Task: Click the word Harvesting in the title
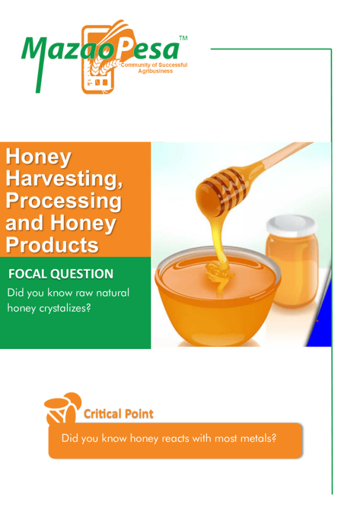(x=64, y=178)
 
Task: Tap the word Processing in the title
(x=64, y=201)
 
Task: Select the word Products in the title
(x=52, y=245)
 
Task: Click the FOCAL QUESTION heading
(x=61, y=274)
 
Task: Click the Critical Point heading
(x=119, y=414)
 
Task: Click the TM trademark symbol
(x=183, y=38)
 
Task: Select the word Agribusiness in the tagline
(x=155, y=71)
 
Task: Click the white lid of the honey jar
(x=291, y=225)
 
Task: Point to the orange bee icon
(x=62, y=408)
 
